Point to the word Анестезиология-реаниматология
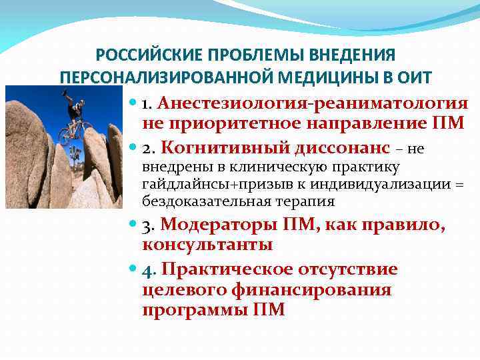click(313, 103)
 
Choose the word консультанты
click(207, 244)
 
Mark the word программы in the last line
click(194, 310)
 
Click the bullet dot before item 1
click(132, 105)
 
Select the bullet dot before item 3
click(132, 225)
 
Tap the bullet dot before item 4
click(132, 270)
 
